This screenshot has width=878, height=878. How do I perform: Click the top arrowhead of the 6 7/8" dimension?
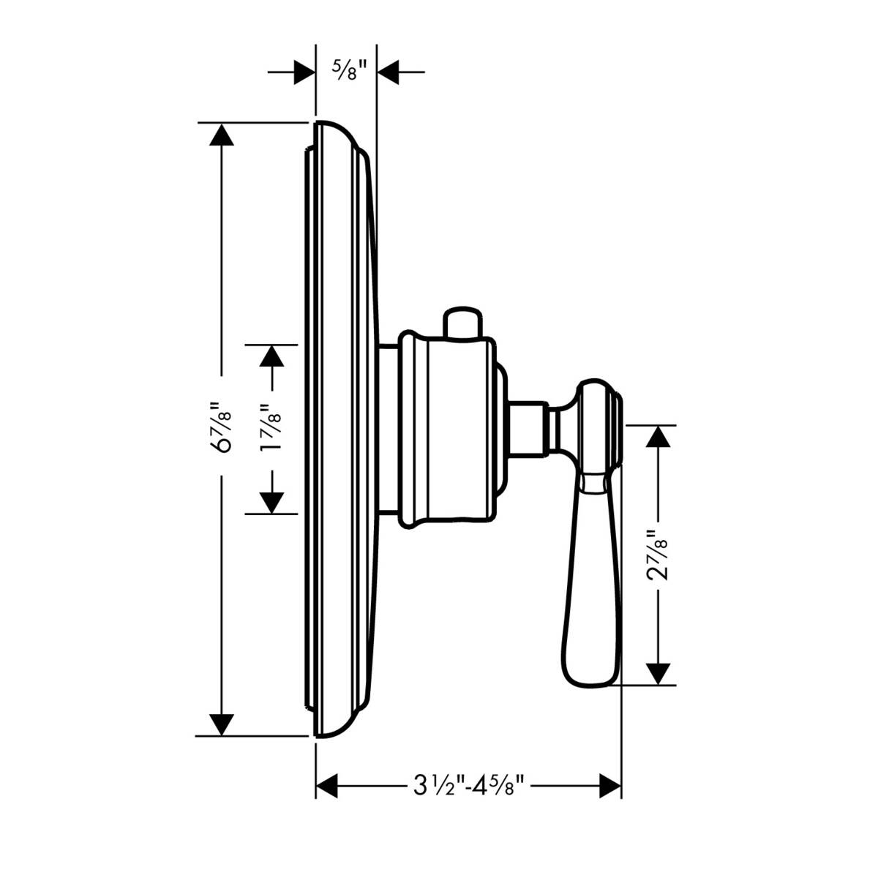222,136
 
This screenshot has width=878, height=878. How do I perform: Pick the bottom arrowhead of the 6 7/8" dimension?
222,724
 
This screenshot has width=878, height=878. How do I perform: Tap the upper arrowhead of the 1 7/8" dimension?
271,356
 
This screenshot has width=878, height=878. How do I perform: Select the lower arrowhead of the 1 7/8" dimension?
271,502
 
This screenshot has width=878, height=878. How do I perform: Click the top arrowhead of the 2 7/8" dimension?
658,436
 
